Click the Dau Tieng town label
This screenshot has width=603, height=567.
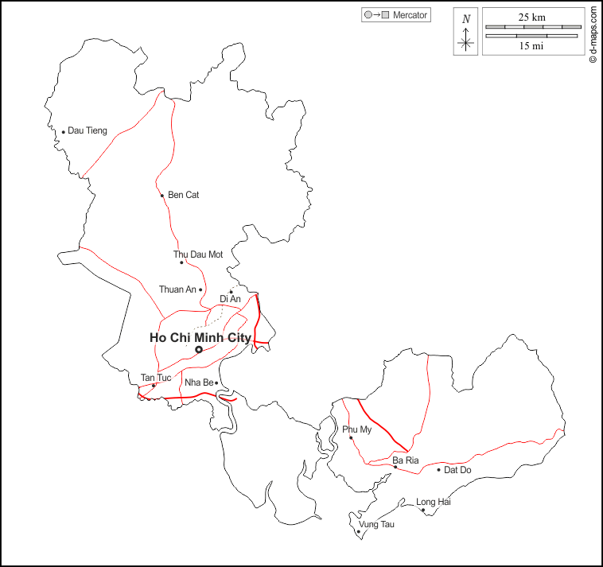click(88, 130)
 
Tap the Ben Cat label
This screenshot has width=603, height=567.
click(183, 195)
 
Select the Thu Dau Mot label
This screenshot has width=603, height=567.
click(198, 254)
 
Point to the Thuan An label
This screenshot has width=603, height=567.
click(177, 289)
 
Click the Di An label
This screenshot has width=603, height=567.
click(230, 299)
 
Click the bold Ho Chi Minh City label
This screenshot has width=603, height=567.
click(200, 337)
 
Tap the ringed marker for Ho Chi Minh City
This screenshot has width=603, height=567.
click(199, 349)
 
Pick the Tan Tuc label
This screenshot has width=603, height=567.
click(156, 377)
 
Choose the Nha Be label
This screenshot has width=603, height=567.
click(198, 383)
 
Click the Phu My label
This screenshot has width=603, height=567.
click(356, 429)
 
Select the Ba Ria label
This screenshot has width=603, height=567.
click(405, 460)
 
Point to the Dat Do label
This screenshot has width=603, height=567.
click(457, 470)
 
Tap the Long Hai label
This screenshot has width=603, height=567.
click(434, 502)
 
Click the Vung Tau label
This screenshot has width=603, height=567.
click(376, 524)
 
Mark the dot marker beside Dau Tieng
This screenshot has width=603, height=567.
click(63, 132)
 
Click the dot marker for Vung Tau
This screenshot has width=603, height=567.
click(359, 531)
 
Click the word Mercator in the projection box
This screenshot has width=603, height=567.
click(410, 15)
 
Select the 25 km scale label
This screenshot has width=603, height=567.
click(532, 17)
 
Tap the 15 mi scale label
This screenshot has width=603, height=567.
click(532, 45)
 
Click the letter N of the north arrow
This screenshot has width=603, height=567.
click(466, 19)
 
